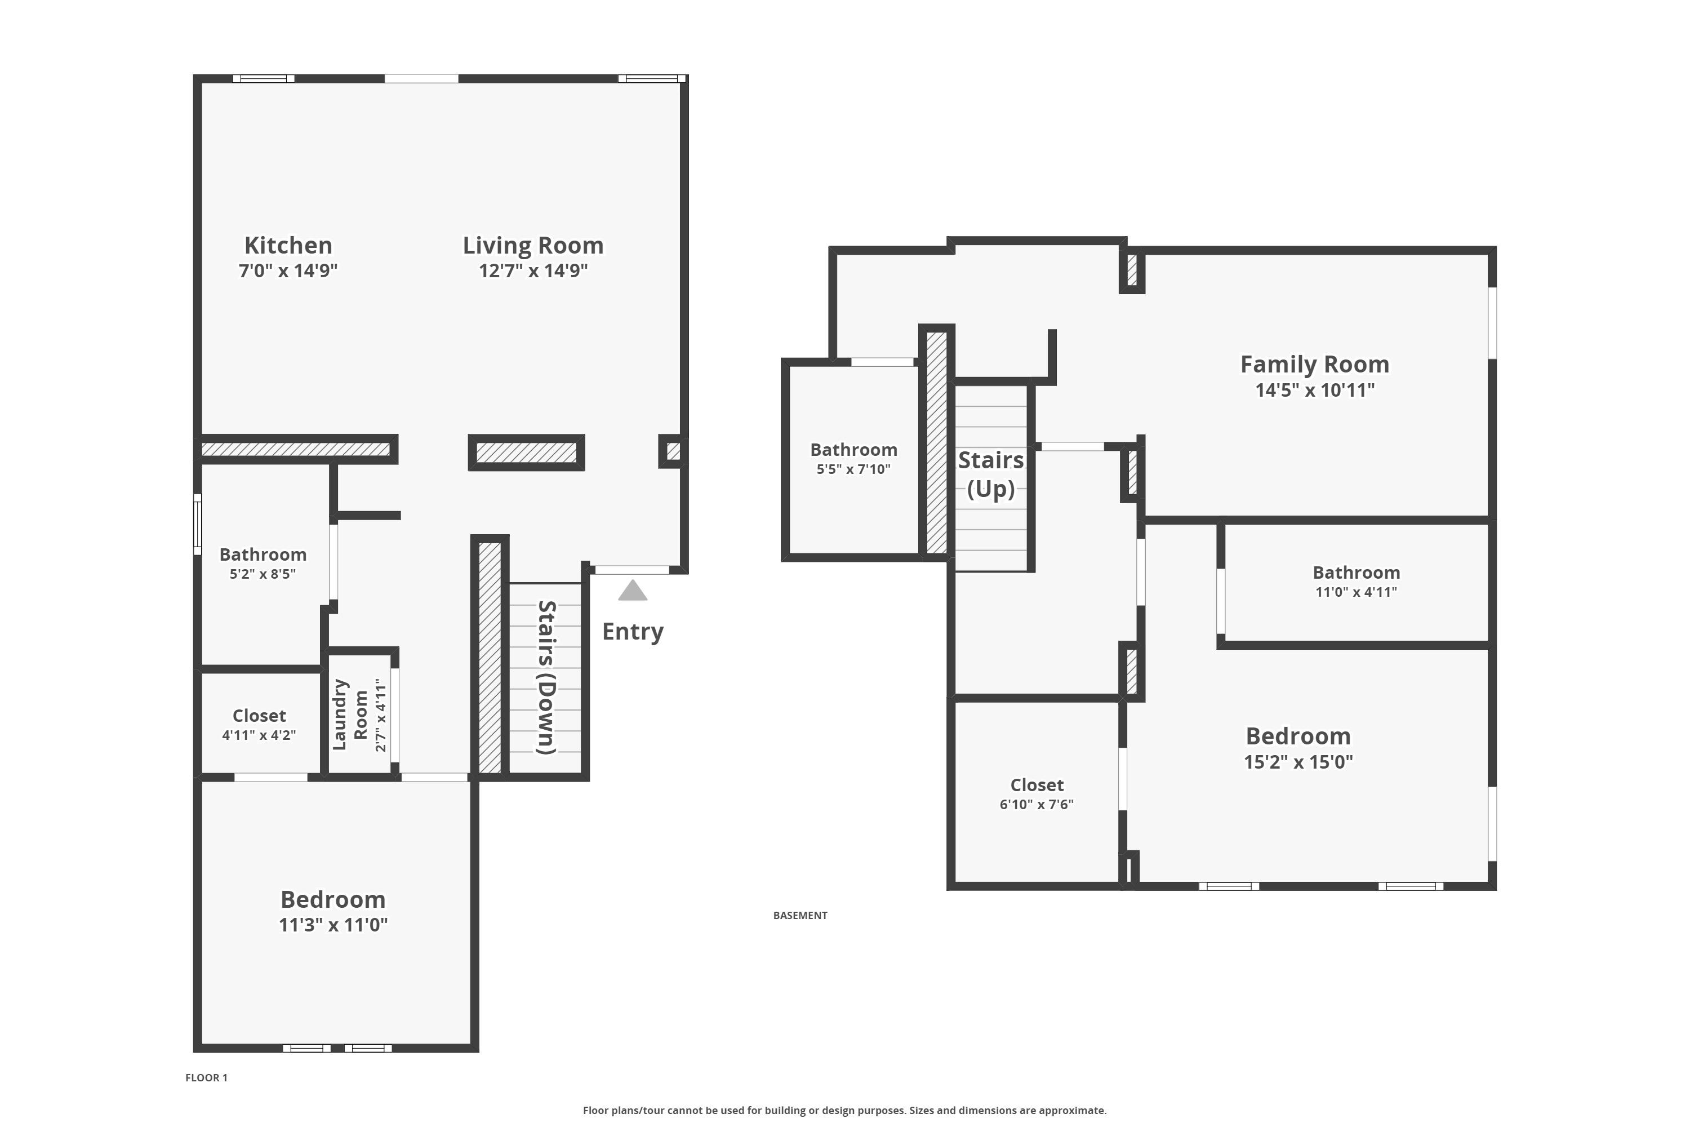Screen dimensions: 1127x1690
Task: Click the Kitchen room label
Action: [x=288, y=245]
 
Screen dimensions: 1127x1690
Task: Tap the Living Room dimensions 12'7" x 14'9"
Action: [x=533, y=271]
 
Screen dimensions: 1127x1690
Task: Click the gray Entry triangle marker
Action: [x=632, y=591]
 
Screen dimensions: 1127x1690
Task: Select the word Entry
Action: [x=632, y=631]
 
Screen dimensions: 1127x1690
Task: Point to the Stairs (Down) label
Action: [x=547, y=678]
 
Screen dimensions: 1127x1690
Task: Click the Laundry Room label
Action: [x=350, y=715]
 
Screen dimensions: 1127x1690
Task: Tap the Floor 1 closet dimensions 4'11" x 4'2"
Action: [x=259, y=735]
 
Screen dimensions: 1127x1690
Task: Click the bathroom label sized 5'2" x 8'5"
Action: [x=263, y=554]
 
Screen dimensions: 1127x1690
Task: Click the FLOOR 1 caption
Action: [x=206, y=1077]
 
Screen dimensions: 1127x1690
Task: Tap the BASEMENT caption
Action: [x=800, y=915]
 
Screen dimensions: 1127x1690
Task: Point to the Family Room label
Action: [x=1314, y=365]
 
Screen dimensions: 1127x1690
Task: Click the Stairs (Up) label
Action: [x=990, y=474]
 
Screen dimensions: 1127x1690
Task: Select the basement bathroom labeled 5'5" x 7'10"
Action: [x=853, y=450]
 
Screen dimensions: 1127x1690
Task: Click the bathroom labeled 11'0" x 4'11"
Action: [x=1356, y=573]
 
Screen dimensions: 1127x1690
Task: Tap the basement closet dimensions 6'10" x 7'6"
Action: [x=1036, y=804]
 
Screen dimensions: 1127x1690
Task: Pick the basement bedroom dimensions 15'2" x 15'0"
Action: [x=1298, y=762]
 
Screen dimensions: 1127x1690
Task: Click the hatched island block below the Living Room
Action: [x=526, y=452]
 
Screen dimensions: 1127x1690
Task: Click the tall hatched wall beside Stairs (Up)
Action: [x=936, y=442]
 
